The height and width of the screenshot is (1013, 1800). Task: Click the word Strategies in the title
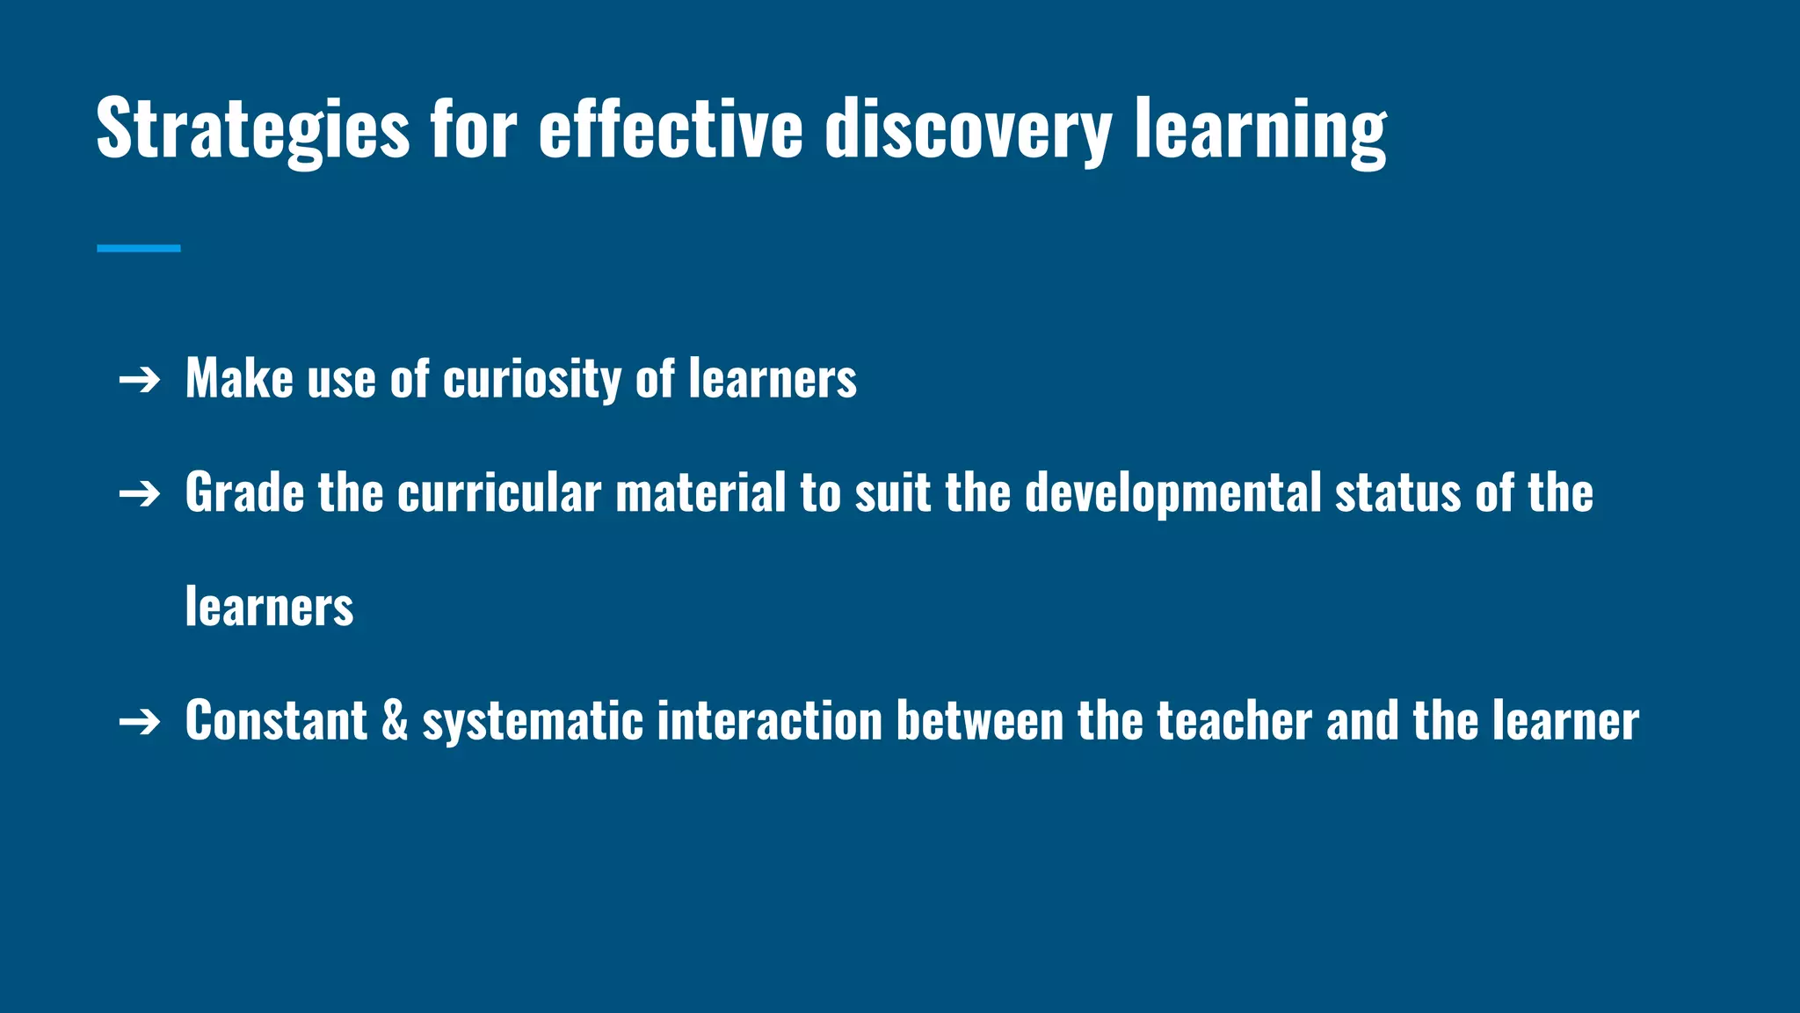pyautogui.click(x=253, y=130)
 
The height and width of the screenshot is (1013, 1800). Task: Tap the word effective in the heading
pyautogui.click(x=671, y=130)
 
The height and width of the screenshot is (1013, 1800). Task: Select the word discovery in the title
pyautogui.click(x=969, y=130)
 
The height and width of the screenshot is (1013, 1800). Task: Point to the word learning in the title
pyautogui.click(x=1260, y=130)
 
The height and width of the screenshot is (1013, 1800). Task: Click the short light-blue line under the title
pyautogui.click(x=139, y=249)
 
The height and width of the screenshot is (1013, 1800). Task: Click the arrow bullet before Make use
pyautogui.click(x=140, y=381)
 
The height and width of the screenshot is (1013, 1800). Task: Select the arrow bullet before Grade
pyautogui.click(x=140, y=494)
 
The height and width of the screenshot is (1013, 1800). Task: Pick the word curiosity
pyautogui.click(x=532, y=380)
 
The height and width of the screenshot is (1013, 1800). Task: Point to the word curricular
pyautogui.click(x=499, y=492)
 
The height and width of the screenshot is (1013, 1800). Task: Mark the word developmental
pyautogui.click(x=1172, y=492)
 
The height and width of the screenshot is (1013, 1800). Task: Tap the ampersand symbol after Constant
pyautogui.click(x=395, y=721)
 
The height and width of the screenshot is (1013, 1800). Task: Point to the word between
pyautogui.click(x=980, y=721)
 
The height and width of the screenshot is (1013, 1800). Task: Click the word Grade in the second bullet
pyautogui.click(x=244, y=492)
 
